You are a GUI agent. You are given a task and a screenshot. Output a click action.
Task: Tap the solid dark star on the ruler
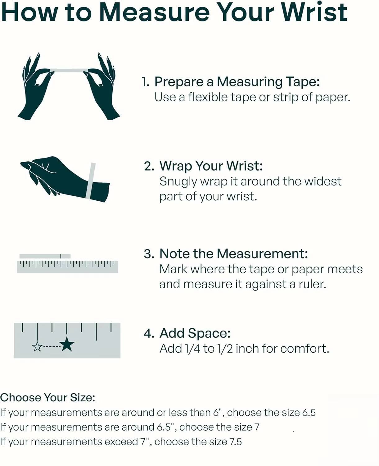tap(67, 344)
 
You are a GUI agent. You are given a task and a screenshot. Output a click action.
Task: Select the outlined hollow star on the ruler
tap(37, 346)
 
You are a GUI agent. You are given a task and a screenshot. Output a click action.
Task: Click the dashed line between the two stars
tap(52, 346)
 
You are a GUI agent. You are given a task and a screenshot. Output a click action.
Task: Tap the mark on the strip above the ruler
tap(61, 256)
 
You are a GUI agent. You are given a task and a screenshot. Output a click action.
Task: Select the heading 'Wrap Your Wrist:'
tap(211, 166)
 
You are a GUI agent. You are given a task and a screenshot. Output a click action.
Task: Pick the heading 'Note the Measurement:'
tap(234, 254)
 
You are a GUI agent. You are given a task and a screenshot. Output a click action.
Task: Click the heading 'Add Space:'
tap(195, 333)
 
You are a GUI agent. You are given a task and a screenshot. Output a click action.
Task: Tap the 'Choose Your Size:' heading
tap(48, 398)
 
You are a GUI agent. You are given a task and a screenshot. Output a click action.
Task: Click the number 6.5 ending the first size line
tap(309, 413)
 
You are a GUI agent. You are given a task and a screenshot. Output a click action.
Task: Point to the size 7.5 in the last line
tap(236, 442)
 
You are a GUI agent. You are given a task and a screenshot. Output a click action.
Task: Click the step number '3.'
tap(149, 254)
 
